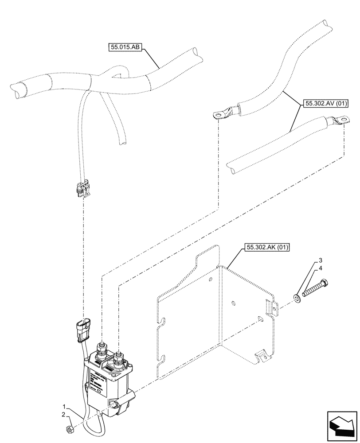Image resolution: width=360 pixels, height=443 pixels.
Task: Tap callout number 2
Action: [x=64, y=415]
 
